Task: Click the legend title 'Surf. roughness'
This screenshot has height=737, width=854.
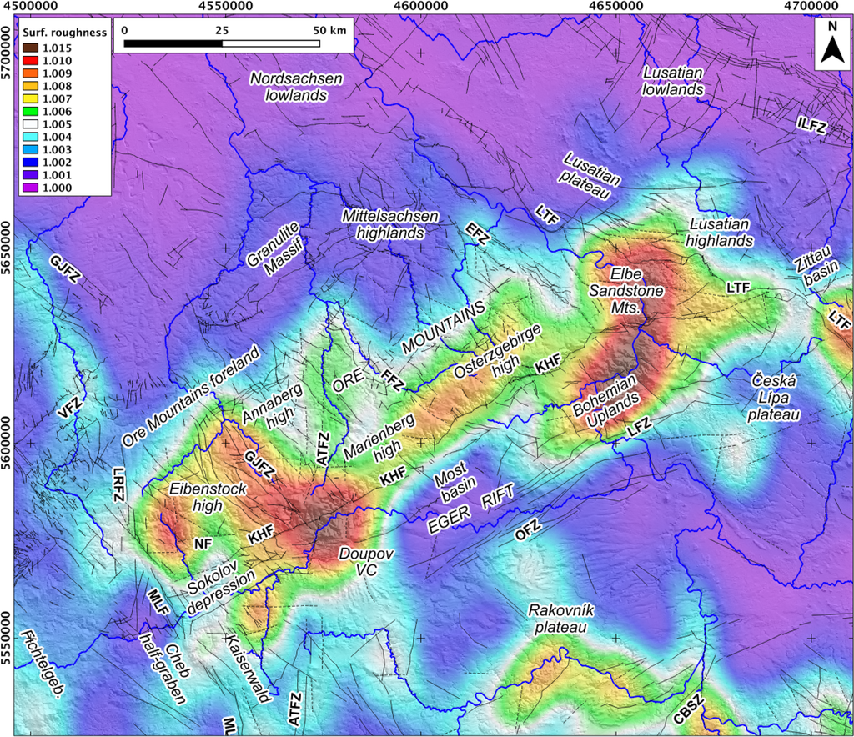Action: tap(64, 33)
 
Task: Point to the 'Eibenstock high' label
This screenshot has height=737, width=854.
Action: tap(196, 497)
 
